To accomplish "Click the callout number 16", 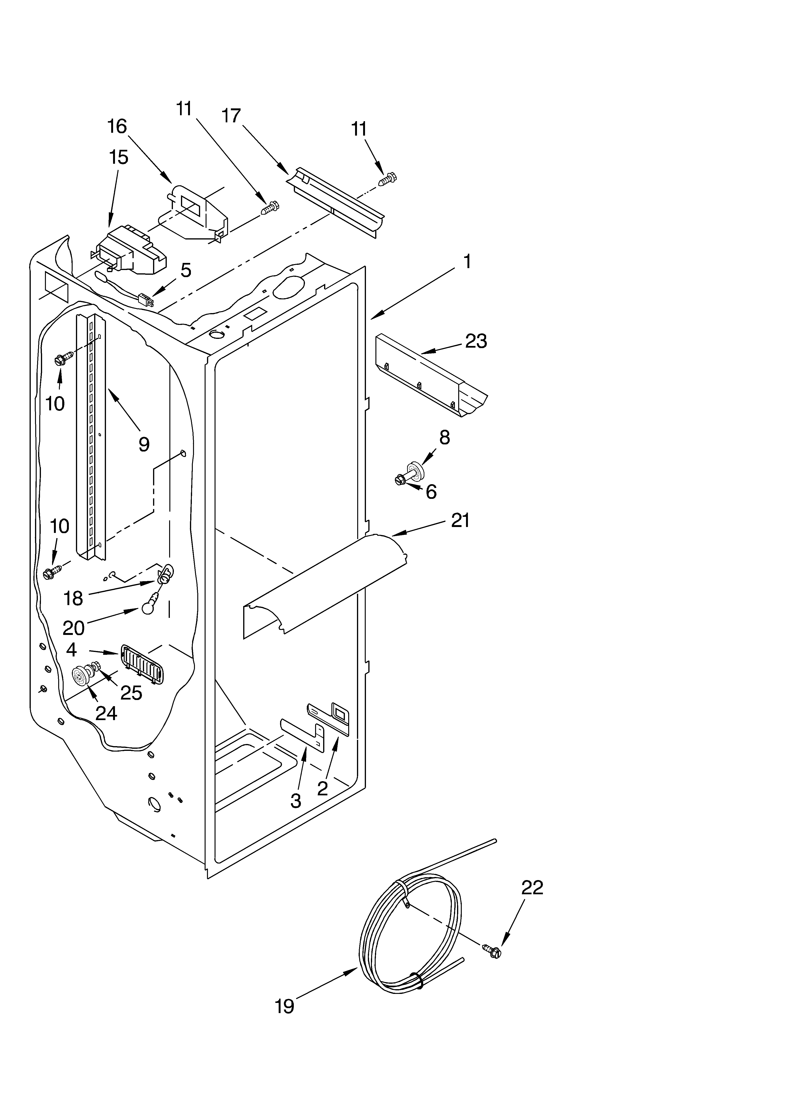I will pyautogui.click(x=117, y=126).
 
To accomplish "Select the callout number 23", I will pyautogui.click(x=475, y=341).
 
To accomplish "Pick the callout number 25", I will pyautogui.click(x=131, y=693).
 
